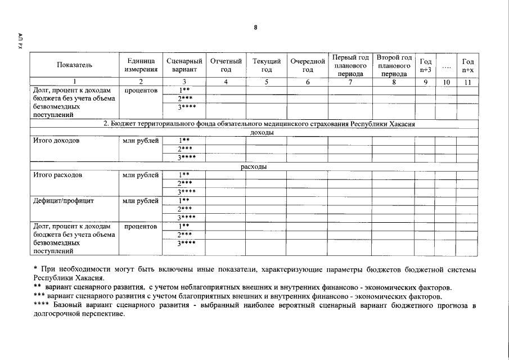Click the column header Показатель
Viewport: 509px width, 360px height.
(74, 65)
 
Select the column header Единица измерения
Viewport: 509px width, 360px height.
(141, 65)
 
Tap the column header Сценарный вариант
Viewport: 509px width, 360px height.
(184, 65)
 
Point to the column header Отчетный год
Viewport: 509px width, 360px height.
(226, 65)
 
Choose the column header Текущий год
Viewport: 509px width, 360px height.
(267, 65)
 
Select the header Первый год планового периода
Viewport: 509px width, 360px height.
(350, 65)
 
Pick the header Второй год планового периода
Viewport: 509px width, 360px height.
(394, 65)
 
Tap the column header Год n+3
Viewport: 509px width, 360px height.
(426, 65)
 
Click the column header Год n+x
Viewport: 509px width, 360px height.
(467, 65)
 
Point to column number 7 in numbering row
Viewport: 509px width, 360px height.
(350, 82)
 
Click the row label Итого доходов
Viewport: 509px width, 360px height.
(56, 141)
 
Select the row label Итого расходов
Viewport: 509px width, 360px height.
(57, 175)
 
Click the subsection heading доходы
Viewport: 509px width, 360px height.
(254, 133)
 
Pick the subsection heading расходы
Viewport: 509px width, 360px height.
(254, 167)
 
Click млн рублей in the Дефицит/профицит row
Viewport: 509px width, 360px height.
(141, 200)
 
